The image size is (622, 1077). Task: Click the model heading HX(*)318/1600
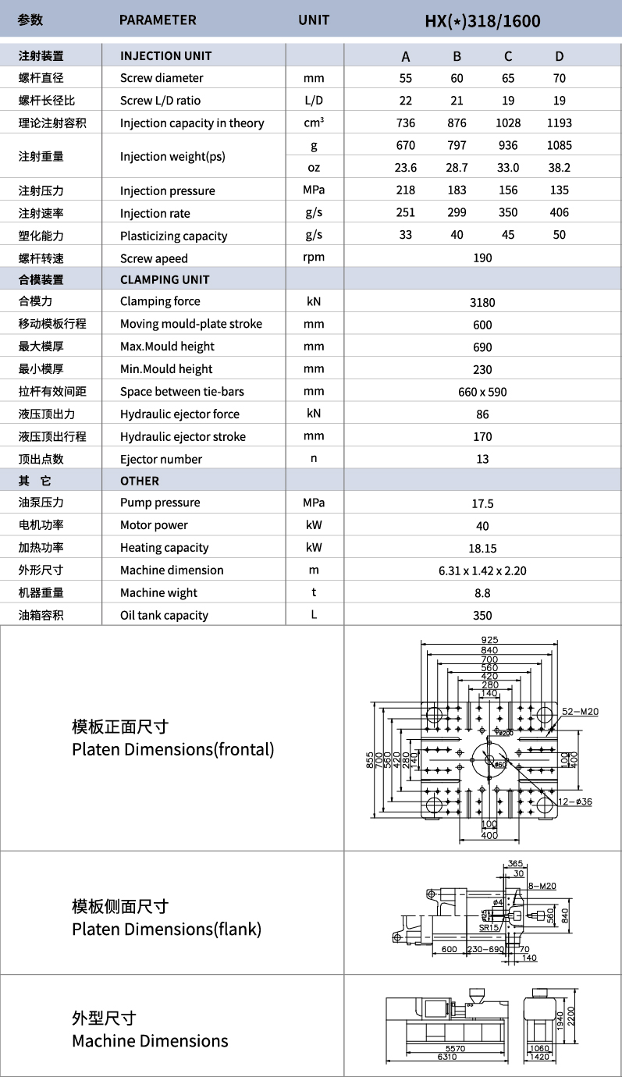coord(482,20)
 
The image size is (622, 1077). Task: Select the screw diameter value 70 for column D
coord(559,78)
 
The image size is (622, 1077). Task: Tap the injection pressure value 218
coord(406,190)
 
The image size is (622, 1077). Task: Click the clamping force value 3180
coord(482,302)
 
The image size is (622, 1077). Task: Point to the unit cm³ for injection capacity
coord(314,123)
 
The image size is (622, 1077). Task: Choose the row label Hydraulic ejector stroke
coord(183,436)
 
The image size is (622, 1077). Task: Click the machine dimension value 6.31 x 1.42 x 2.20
coord(482,570)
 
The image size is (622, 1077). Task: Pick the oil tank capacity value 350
coord(482,615)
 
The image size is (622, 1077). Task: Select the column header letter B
coord(457,56)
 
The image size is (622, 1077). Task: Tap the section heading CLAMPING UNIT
coord(165,279)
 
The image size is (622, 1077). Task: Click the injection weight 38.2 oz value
coord(559,167)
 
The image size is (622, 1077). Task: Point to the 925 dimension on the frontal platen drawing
coord(489,640)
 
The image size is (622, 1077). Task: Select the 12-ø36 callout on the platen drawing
coord(575,802)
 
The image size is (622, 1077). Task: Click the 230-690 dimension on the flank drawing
coord(485,949)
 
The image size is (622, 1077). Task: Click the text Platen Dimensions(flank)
coord(166,929)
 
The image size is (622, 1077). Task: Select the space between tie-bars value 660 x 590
coord(482,392)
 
